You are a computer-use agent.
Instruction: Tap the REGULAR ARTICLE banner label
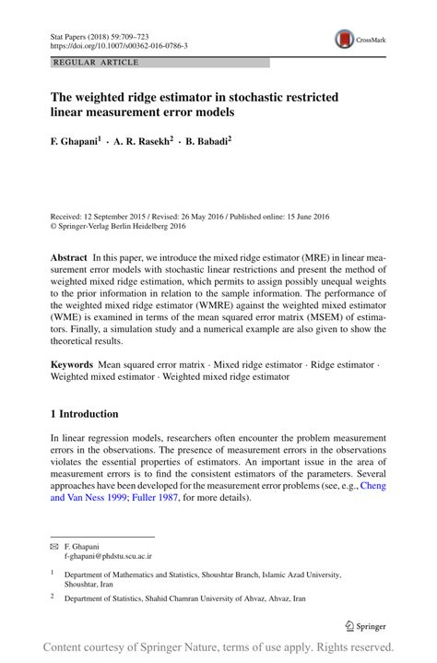click(x=97, y=63)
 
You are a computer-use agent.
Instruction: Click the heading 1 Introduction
click(x=84, y=414)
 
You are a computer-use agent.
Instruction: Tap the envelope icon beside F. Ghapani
click(x=53, y=547)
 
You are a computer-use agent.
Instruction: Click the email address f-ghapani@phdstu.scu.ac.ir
click(x=108, y=557)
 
